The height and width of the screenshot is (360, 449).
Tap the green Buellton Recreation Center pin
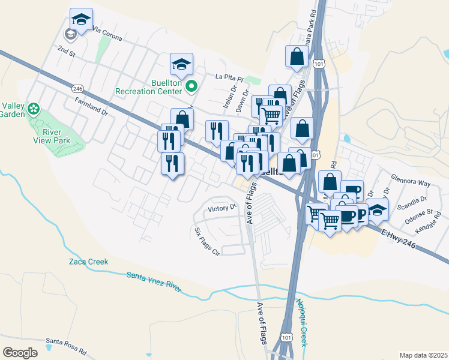191,87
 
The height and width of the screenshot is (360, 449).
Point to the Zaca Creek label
88,262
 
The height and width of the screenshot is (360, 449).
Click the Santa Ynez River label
154,282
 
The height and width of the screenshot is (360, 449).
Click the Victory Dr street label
221,208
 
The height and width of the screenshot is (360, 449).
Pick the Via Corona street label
107,35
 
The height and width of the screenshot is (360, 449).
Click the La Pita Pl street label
228,77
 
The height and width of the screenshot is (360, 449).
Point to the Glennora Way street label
411,181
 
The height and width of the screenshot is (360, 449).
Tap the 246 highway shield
77,88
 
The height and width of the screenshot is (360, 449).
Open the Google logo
20,352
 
